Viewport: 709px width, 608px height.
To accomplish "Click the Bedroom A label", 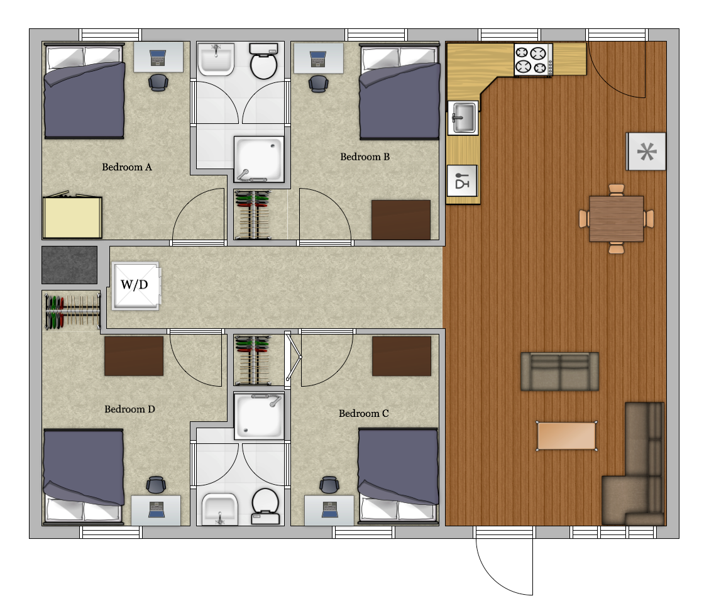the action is [x=126, y=167].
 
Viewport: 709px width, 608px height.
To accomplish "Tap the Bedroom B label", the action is [x=365, y=157].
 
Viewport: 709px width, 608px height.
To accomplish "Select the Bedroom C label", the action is [x=363, y=414].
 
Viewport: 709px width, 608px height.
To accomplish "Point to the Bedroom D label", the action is [x=129, y=409].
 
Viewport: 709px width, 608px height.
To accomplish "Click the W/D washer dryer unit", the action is [x=136, y=286].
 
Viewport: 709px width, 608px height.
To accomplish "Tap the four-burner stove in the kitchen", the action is [x=533, y=60].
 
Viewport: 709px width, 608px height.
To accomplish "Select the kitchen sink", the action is [x=463, y=118].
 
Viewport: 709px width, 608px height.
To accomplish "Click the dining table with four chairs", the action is [x=617, y=219].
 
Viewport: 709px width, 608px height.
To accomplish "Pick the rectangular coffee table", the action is [x=566, y=436].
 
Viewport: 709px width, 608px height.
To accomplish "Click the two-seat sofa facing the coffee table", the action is [x=560, y=372].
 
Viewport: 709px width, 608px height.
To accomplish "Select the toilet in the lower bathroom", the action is [x=265, y=506].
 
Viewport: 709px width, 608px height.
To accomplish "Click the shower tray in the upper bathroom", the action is [x=259, y=159].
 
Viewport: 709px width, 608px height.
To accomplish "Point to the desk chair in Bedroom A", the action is [x=158, y=82].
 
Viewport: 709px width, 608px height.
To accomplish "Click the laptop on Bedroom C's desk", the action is [x=329, y=509].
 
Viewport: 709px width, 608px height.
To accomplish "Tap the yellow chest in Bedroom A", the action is [x=72, y=217].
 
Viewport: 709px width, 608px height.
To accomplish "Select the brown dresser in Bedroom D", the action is [x=134, y=356].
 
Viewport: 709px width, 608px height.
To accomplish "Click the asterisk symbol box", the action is [x=646, y=151].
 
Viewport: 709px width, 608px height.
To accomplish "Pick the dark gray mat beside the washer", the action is [x=69, y=265].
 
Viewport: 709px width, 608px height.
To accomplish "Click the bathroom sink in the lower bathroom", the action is [x=219, y=509].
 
